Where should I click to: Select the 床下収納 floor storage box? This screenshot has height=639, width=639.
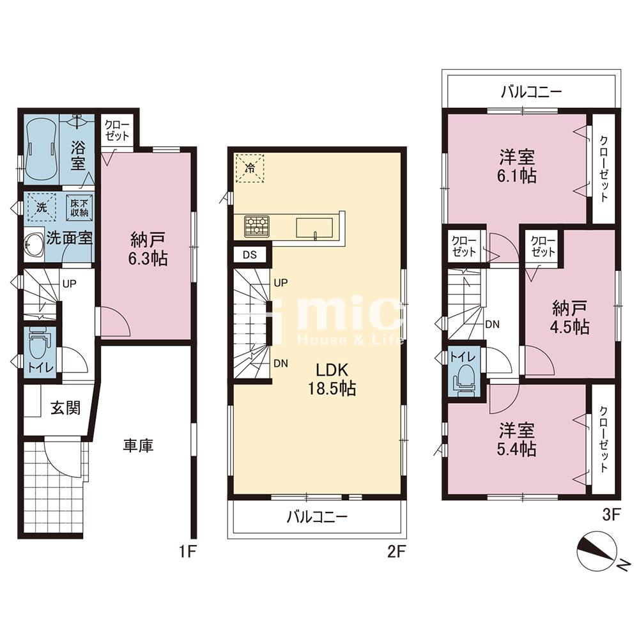pyautogui.click(x=79, y=208)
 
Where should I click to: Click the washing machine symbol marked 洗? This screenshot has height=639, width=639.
pyautogui.click(x=42, y=207)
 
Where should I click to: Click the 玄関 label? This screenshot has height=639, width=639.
pyautogui.click(x=65, y=407)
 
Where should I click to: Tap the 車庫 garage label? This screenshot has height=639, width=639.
pyautogui.click(x=139, y=445)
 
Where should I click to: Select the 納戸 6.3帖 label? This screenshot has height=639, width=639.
pyautogui.click(x=148, y=249)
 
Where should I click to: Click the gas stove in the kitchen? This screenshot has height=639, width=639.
pyautogui.click(x=257, y=226)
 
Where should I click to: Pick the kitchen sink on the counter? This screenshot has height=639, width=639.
pyautogui.click(x=314, y=227)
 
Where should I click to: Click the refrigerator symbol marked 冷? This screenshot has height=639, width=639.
pyautogui.click(x=250, y=167)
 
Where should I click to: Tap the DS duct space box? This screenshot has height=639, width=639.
pyautogui.click(x=250, y=255)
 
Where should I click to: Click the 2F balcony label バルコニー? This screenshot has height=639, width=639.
pyautogui.click(x=317, y=517)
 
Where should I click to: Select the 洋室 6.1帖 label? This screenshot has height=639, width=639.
pyautogui.click(x=517, y=166)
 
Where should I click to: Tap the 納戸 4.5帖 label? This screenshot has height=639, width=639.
pyautogui.click(x=570, y=318)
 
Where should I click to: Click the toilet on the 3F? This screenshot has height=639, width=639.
pyautogui.click(x=465, y=380)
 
